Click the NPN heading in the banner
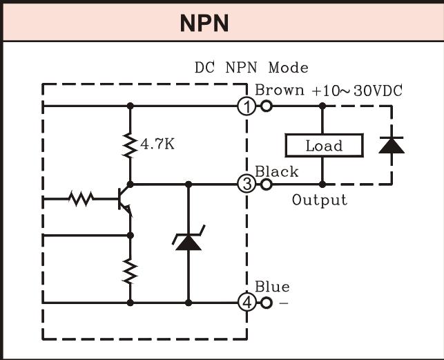point(204,23)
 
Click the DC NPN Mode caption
point(251,68)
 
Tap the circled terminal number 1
point(247,106)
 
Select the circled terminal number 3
point(247,184)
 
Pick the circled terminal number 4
point(247,302)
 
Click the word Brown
point(280,90)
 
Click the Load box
point(324,146)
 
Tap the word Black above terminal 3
point(276,171)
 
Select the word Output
point(319,200)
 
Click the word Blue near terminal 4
point(272,287)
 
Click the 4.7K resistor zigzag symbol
point(130,146)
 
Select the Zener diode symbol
point(188,239)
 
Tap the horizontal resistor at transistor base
point(81,199)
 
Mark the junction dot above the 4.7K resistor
point(130,106)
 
